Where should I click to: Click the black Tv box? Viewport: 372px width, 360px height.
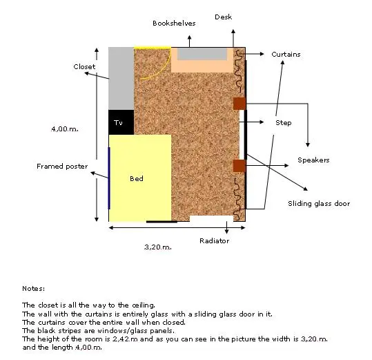pyautogui.click(x=121, y=122)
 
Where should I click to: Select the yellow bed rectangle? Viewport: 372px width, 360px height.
pyautogui.click(x=140, y=178)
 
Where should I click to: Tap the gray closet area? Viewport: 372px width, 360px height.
pyautogui.click(x=121, y=78)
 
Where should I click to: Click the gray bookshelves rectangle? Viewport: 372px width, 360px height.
pyautogui.click(x=202, y=54)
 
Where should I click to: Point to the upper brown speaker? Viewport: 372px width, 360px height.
pyautogui.click(x=239, y=104)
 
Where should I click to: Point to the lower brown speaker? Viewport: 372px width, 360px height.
pyautogui.click(x=239, y=166)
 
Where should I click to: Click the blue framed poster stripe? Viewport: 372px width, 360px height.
pyautogui.click(x=109, y=178)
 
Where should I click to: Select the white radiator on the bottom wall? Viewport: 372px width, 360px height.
pyautogui.click(x=211, y=218)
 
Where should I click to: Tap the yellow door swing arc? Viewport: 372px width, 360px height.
pyautogui.click(x=164, y=69)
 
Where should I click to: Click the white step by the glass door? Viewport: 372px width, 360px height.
pyautogui.click(x=242, y=135)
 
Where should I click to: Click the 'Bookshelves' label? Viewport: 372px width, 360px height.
pyautogui.click(x=174, y=23)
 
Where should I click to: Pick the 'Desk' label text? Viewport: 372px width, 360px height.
pyautogui.click(x=223, y=17)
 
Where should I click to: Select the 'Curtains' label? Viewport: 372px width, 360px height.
pyautogui.click(x=286, y=55)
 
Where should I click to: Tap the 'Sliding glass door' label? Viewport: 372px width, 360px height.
pyautogui.click(x=319, y=204)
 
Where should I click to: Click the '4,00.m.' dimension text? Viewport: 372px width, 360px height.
pyautogui.click(x=65, y=129)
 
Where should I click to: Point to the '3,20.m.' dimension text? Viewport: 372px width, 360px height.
pyautogui.click(x=158, y=247)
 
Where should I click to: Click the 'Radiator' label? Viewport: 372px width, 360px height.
pyautogui.click(x=214, y=240)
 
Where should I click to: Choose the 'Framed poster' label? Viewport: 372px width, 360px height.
pyautogui.click(x=62, y=167)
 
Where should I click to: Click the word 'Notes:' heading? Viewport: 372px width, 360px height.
pyautogui.click(x=33, y=289)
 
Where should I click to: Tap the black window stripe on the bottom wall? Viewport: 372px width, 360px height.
pyautogui.click(x=161, y=222)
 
